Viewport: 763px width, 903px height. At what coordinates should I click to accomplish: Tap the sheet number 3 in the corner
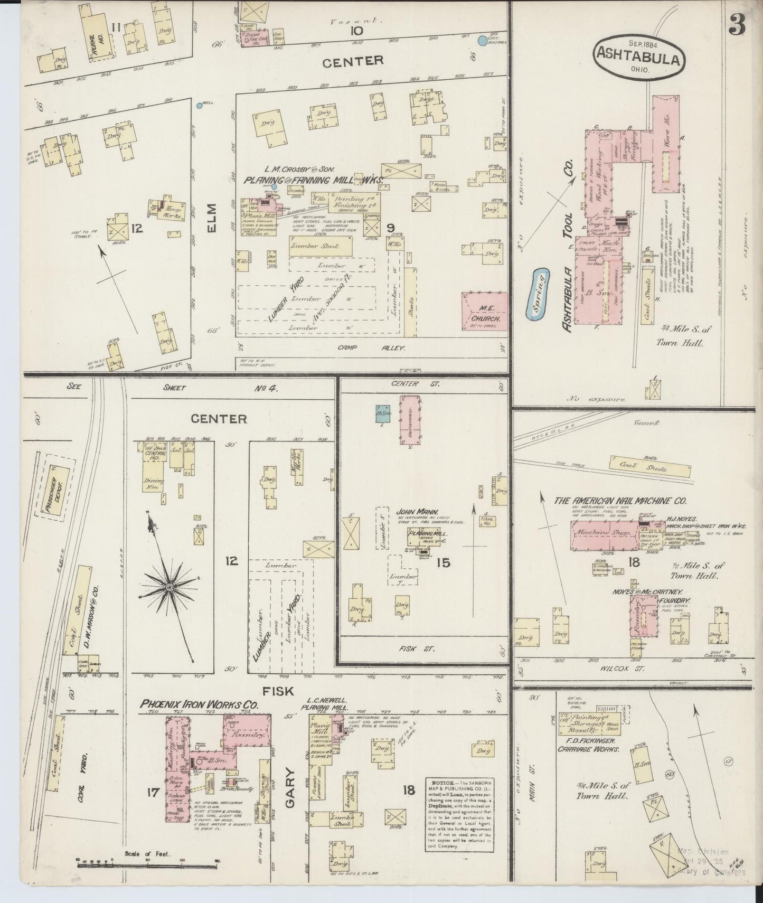click(738, 24)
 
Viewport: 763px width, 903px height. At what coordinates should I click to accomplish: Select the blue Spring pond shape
click(541, 294)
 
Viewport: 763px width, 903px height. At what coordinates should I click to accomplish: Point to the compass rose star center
click(169, 587)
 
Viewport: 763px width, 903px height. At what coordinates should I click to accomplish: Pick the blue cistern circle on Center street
click(482, 40)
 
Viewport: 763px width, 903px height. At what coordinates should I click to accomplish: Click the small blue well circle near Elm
click(198, 106)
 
